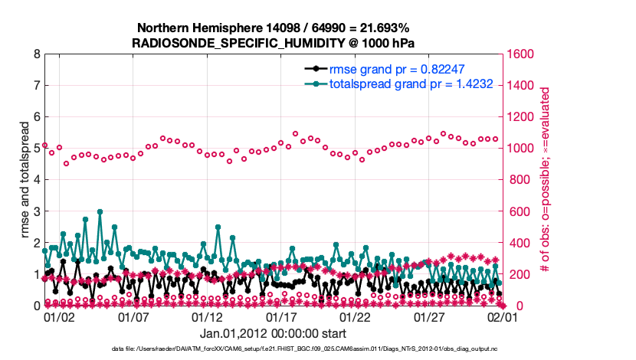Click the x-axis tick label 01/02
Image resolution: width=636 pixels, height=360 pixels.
click(59, 316)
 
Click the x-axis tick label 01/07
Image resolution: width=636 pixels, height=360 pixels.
click(133, 316)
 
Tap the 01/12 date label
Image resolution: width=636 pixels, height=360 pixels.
click(207, 316)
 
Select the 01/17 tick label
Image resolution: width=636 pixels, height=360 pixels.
click(281, 316)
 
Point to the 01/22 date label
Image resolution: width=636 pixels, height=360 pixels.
click(356, 316)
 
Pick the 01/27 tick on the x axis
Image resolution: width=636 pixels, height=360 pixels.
click(430, 316)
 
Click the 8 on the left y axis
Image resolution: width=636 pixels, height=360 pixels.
click(37, 54)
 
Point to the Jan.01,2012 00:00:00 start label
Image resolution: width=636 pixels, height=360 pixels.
click(273, 333)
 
